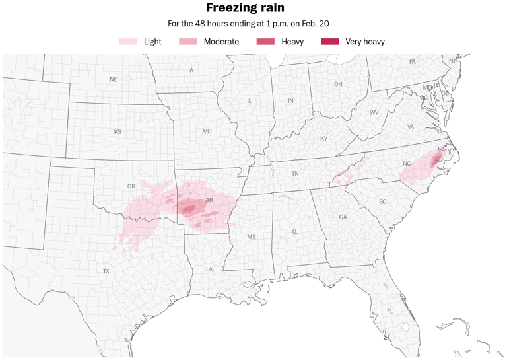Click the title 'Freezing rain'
pyautogui.click(x=246, y=8)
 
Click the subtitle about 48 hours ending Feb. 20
pyautogui.click(x=248, y=24)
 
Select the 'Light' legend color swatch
pyautogui.click(x=128, y=42)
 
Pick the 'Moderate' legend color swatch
pyautogui.click(x=188, y=42)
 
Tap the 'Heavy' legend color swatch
pyautogui.click(x=265, y=42)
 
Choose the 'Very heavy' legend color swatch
pyautogui.click(x=329, y=42)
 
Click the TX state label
pyautogui.click(x=106, y=271)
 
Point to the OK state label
pyautogui.click(x=131, y=186)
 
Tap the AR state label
pyautogui.click(x=209, y=200)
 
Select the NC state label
pyautogui.click(x=407, y=164)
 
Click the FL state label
pyautogui.click(x=390, y=311)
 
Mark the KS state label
pyautogui.click(x=118, y=132)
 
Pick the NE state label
pyautogui.click(x=114, y=79)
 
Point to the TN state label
pyautogui.click(x=295, y=174)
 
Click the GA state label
pyautogui.click(x=343, y=217)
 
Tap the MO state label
pyautogui.click(x=207, y=131)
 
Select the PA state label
pyautogui.click(x=413, y=62)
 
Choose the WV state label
pyautogui.click(x=374, y=112)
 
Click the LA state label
pyautogui.click(x=209, y=269)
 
